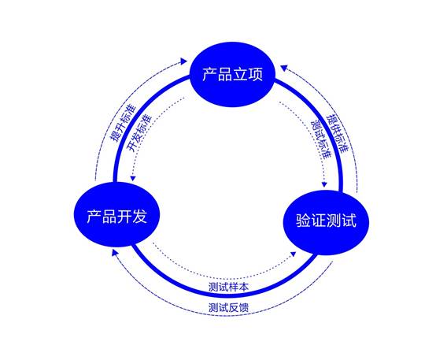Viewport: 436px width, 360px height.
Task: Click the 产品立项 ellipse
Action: point(232,74)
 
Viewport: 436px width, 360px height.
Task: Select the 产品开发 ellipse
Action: point(116,215)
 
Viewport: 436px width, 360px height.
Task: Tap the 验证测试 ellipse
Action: point(326,222)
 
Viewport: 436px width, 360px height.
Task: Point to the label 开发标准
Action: point(139,133)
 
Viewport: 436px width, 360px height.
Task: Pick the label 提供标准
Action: point(337,133)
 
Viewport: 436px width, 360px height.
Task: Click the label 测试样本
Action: point(228,287)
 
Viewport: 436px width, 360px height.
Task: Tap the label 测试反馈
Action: point(228,308)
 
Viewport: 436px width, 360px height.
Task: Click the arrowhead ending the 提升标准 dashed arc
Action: point(184,61)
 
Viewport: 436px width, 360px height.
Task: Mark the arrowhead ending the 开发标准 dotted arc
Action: point(133,178)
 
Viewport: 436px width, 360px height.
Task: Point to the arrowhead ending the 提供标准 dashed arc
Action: point(283,68)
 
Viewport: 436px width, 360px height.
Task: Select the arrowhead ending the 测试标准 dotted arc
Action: point(324,184)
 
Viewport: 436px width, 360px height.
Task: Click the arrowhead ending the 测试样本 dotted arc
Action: point(293,254)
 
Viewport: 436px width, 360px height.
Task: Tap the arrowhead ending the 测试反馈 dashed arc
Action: point(115,252)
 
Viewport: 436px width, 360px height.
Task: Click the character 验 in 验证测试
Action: point(303,221)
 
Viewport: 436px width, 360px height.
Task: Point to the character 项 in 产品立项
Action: point(255,74)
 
